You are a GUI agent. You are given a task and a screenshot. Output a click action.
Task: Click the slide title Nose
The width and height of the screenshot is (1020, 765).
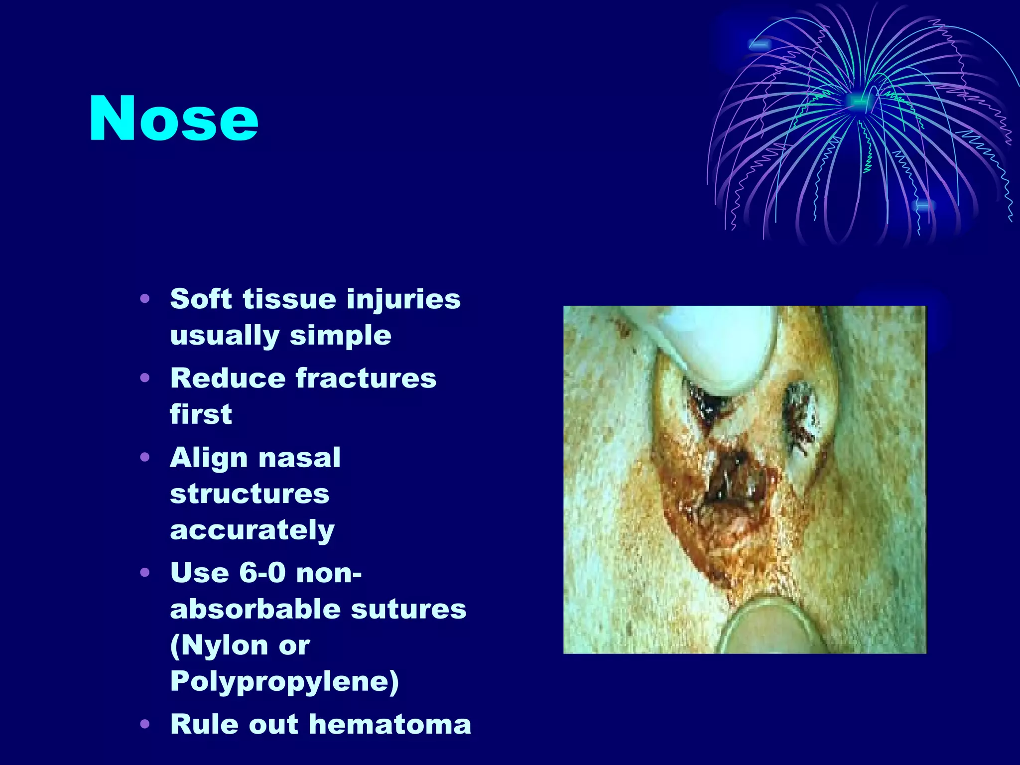tap(173, 120)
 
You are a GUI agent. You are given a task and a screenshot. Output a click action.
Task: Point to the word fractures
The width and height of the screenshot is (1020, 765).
tap(366, 378)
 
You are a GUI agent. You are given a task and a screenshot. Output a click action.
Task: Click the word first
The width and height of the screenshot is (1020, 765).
tap(201, 414)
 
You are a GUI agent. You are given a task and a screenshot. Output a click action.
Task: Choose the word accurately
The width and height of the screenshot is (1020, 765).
tap(252, 530)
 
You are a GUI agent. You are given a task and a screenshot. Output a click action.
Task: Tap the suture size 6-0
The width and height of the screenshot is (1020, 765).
tap(262, 573)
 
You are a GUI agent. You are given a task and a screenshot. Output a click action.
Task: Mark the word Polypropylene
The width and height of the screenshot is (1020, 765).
tap(284, 681)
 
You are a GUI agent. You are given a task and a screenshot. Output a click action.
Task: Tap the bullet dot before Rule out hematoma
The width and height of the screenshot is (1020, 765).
tap(145, 724)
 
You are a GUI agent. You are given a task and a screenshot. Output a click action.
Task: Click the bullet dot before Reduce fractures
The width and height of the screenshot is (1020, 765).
tap(145, 378)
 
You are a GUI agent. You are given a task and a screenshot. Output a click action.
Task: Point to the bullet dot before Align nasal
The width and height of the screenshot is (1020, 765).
tap(145, 457)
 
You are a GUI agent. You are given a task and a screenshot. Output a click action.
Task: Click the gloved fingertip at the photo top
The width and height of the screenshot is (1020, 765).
tap(727, 344)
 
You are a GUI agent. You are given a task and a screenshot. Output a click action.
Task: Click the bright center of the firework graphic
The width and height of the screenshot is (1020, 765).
tap(858, 101)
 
